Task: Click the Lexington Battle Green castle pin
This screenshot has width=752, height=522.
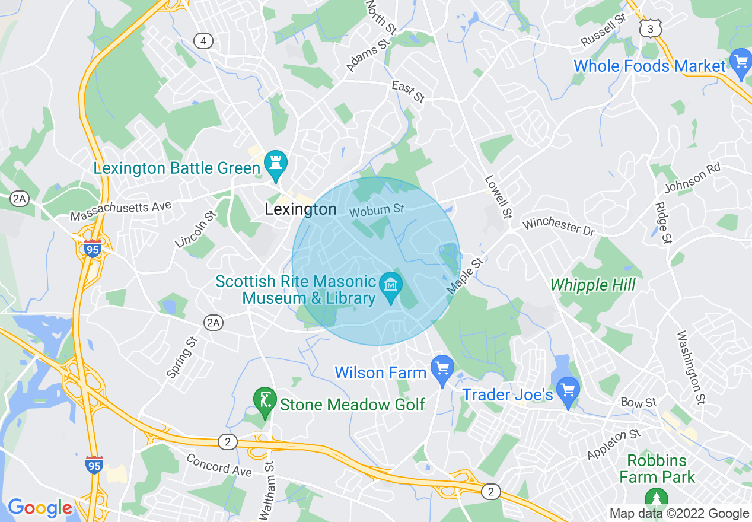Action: click(x=276, y=164)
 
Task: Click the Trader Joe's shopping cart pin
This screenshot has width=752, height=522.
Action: click(x=569, y=391)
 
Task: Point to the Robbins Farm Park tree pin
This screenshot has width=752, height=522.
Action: click(x=657, y=499)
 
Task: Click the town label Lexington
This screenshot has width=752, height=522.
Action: click(x=301, y=209)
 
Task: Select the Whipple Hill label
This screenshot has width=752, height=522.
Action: click(x=592, y=285)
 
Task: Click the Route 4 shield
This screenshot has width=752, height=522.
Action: click(x=203, y=41)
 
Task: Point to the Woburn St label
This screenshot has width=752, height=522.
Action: click(x=377, y=210)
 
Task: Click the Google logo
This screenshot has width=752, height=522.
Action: click(x=40, y=508)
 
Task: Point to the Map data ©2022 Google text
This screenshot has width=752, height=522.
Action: click(x=679, y=514)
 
